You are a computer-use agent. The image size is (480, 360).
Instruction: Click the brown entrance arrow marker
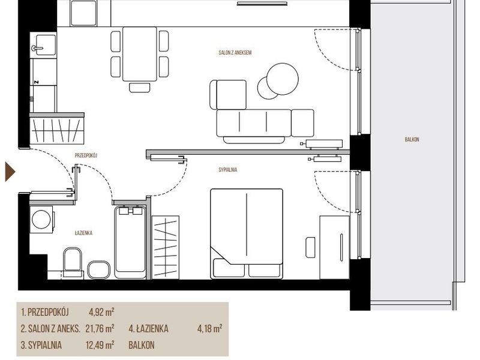(10, 172)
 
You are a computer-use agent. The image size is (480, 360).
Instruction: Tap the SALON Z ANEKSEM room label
(235, 53)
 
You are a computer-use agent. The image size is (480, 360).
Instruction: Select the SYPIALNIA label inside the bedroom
(228, 170)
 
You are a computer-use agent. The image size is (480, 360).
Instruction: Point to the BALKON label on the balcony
(412, 140)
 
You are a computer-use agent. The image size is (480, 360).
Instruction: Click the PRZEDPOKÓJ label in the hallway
(86, 155)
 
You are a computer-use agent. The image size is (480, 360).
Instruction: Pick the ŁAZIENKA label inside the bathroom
(83, 233)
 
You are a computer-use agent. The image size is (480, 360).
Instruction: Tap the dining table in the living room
(140, 54)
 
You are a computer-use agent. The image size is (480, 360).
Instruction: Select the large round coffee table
(282, 79)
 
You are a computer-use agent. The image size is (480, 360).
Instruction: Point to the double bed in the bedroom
(247, 233)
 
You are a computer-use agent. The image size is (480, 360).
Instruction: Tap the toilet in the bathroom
(73, 263)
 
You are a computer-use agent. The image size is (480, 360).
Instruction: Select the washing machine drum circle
(41, 219)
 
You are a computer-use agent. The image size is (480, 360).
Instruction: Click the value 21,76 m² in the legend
(100, 329)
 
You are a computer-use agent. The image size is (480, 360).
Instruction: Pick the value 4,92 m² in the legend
(101, 312)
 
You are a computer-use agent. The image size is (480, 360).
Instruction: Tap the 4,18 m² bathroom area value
(209, 329)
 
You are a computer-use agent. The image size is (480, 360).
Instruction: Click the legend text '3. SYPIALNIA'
(41, 346)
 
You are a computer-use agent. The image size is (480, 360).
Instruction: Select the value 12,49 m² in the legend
(100, 346)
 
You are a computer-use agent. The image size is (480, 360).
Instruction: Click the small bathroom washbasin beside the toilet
(98, 270)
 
